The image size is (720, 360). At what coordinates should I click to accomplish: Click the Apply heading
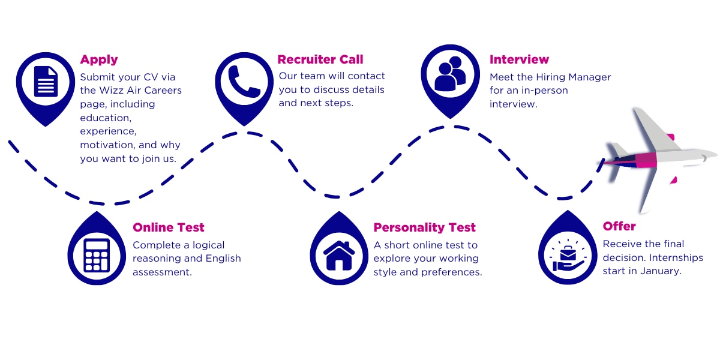pos(99,59)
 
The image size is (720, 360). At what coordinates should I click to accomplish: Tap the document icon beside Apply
pos(46,82)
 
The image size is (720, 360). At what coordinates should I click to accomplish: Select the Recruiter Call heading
pos(320,59)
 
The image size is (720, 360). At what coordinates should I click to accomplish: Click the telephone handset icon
pos(244,82)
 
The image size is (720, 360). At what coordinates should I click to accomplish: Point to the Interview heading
pos(519,59)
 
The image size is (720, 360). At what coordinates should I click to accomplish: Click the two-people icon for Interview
pos(450,74)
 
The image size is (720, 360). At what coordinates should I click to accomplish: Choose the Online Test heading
pos(169,227)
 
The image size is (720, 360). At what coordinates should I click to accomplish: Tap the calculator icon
pos(97,255)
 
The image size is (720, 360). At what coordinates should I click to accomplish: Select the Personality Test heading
pos(424,227)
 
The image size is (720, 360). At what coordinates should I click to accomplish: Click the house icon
pos(339,255)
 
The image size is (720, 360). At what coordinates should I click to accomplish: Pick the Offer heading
pos(619,226)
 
